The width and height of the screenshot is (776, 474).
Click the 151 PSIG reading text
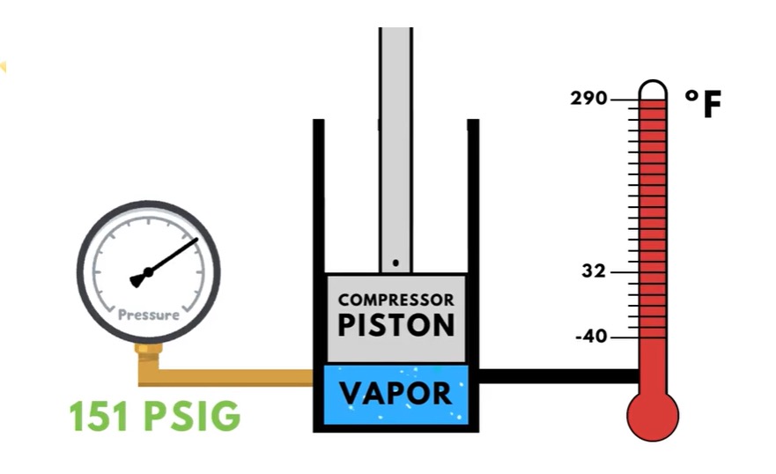[154, 416]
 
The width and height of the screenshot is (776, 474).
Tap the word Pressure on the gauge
[149, 315]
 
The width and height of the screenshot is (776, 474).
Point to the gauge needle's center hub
[148, 272]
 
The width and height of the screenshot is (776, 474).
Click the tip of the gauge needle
[197, 240]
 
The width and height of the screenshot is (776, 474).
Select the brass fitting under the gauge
[149, 350]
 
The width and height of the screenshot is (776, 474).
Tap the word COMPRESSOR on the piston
[395, 300]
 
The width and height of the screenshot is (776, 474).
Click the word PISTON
[395, 324]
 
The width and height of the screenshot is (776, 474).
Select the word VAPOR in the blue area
[395, 393]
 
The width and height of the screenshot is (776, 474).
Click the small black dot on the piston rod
[395, 263]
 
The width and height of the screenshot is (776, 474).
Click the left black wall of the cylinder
[319, 275]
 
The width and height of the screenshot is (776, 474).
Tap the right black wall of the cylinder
[473, 275]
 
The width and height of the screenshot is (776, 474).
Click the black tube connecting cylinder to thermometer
[559, 376]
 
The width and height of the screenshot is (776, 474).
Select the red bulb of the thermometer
[653, 415]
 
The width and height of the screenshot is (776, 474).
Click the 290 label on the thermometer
[588, 99]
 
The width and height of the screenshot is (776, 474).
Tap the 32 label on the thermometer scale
[594, 271]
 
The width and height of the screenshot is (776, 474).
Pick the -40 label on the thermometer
[591, 337]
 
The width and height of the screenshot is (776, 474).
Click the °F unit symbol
[703, 103]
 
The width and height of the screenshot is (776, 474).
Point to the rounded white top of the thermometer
[653, 89]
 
